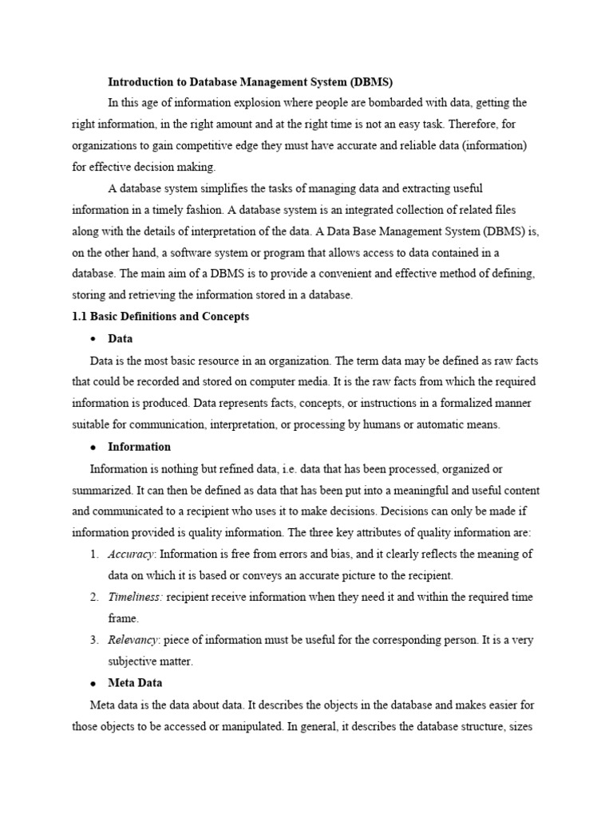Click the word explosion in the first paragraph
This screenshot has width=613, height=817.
[x=244, y=103]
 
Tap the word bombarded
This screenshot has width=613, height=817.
[x=372, y=103]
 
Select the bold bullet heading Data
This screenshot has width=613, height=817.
[x=121, y=338]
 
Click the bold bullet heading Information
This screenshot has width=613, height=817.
[x=140, y=446]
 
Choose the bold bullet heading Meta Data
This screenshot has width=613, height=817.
[x=136, y=683]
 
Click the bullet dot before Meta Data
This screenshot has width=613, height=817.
[x=93, y=684]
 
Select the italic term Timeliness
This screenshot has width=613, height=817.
[x=136, y=597]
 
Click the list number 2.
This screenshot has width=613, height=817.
[x=93, y=597]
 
